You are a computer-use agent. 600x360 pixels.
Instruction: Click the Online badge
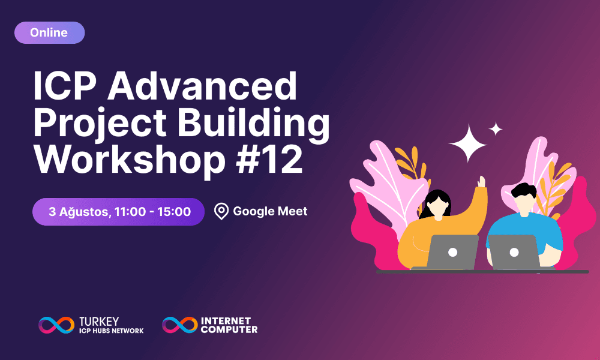tap(49, 33)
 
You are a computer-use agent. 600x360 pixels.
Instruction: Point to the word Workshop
tap(128, 158)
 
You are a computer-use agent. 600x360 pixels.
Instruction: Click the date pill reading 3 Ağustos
tap(119, 211)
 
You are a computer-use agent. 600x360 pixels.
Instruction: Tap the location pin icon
tap(221, 211)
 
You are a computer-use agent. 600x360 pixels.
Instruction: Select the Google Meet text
tap(270, 211)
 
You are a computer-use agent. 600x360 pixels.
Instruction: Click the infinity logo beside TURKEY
tap(56, 325)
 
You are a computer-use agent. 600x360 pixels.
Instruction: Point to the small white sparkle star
tap(496, 128)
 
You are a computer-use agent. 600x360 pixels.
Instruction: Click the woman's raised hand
tap(481, 181)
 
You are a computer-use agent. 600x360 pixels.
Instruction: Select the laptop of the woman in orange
tap(452, 252)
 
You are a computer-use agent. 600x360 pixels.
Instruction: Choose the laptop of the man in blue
tap(514, 252)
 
